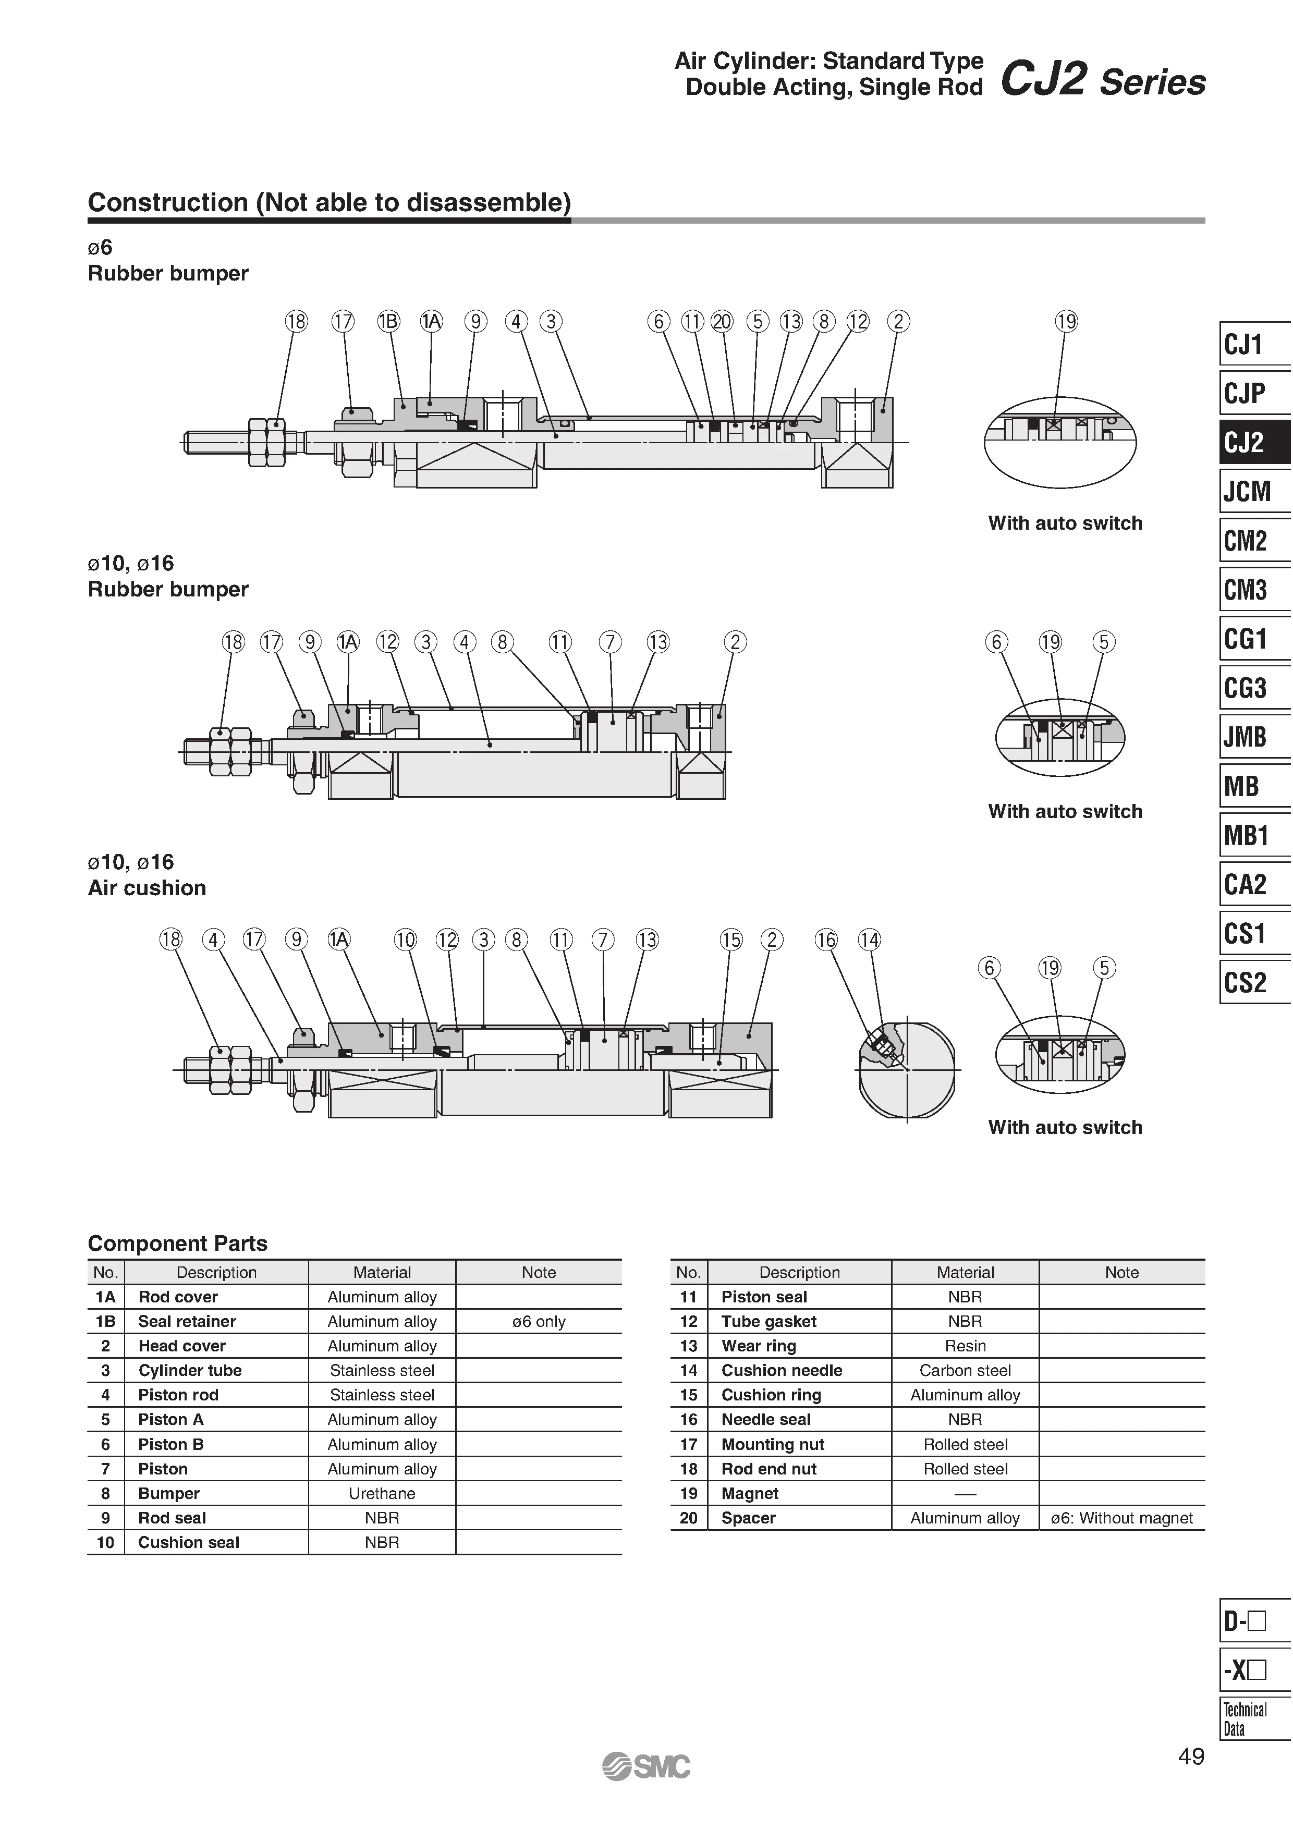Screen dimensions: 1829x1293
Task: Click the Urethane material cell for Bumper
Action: pos(382,1494)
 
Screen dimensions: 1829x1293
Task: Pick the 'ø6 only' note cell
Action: pos(539,1322)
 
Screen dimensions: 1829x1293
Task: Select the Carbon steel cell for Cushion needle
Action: pos(965,1370)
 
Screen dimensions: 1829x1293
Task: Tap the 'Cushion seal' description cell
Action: pos(189,1542)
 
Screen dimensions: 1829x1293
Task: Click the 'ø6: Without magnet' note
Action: pos(1121,1518)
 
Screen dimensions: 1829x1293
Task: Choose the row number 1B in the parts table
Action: pos(106,1322)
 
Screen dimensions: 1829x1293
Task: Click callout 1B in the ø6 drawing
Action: pos(388,322)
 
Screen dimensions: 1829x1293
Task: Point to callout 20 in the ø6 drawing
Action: pos(722,322)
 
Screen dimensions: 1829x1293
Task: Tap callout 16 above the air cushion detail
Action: pos(826,940)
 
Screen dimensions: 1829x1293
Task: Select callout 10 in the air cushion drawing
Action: pos(406,940)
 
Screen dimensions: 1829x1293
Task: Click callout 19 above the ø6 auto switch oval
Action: pos(1066,322)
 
